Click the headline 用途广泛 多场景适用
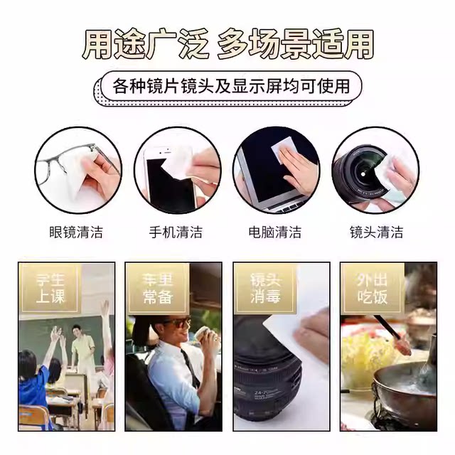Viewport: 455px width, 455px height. coord(227,44)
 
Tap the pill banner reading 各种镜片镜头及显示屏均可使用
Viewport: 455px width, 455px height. coord(232,87)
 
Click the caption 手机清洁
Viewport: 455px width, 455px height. coord(176,232)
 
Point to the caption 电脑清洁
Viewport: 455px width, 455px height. coord(275,232)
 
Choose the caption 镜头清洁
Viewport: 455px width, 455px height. coord(377,232)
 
